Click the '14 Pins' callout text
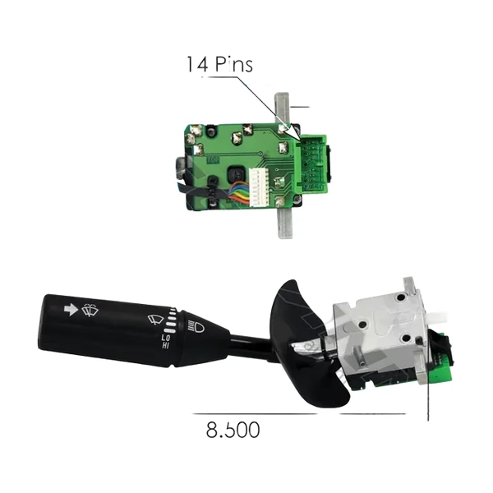click(x=219, y=64)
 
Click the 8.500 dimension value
click(x=233, y=430)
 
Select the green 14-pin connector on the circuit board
click(x=311, y=164)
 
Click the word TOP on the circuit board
click(x=213, y=160)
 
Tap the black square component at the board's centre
click(x=236, y=174)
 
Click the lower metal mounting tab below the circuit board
click(x=285, y=223)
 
